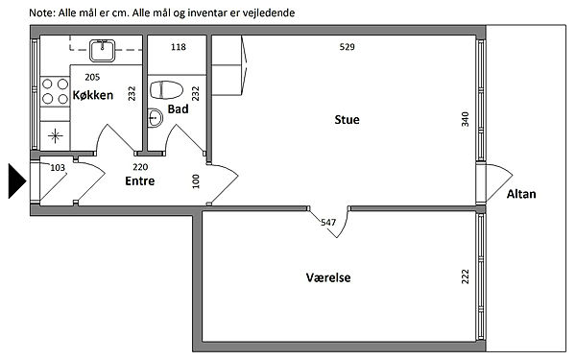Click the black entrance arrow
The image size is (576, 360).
[x=17, y=181]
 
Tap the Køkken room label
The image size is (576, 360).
[x=93, y=95]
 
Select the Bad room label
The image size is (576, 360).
[x=179, y=109]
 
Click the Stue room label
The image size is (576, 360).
[x=347, y=120]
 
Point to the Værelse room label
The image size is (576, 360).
[x=328, y=277]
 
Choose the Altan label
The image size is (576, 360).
[x=521, y=194]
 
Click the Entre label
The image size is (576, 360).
[x=140, y=181]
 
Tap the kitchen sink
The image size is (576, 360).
[x=102, y=50]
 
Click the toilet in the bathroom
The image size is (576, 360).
[x=166, y=90]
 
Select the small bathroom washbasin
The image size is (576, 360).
[x=155, y=118]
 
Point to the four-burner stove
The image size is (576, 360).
[x=55, y=91]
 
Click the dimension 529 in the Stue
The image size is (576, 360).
[x=348, y=47]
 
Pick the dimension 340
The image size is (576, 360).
[x=465, y=119]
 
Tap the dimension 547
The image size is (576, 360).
[x=328, y=223]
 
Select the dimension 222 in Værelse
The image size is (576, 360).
[x=465, y=276]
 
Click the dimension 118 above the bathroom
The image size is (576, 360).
[x=179, y=47]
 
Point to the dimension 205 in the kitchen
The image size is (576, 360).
[x=92, y=77]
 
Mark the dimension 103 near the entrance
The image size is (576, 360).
[x=58, y=168]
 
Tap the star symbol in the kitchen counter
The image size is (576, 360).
[x=55, y=136]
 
